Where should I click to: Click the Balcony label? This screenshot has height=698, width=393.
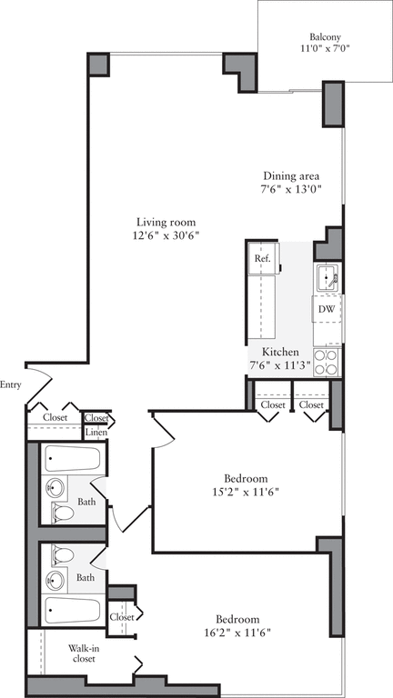[x=325, y=37]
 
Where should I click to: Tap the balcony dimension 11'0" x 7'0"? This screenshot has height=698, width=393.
[x=325, y=51]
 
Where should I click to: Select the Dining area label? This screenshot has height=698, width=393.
[x=291, y=176]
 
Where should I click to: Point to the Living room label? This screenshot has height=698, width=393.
[x=166, y=222]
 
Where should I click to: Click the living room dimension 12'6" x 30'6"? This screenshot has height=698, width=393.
[x=166, y=235]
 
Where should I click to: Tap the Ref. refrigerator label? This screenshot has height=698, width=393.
[x=262, y=259]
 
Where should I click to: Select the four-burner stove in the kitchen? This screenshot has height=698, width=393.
[x=327, y=361]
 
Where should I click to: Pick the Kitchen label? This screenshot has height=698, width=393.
[x=280, y=352]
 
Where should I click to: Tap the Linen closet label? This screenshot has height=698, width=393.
[x=96, y=433]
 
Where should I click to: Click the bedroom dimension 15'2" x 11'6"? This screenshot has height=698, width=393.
[x=246, y=494]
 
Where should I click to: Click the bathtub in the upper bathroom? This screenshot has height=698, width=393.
[x=72, y=459]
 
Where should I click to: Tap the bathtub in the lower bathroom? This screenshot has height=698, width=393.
[x=72, y=609]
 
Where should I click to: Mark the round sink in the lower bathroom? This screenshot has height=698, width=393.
[x=56, y=578]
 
